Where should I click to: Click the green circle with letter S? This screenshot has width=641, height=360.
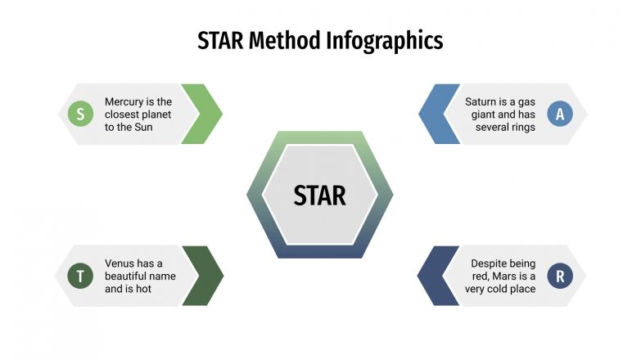80,115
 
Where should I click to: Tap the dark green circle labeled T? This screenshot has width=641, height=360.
80,277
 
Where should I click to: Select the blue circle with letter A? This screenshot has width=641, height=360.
560,115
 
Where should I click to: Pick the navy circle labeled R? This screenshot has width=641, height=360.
560,277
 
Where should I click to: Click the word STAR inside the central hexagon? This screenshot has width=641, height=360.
320,196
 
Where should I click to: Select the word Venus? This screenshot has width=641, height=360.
121,263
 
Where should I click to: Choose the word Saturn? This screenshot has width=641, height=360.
482,101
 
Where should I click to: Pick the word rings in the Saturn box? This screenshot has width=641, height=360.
521,127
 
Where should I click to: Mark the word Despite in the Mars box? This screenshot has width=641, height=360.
491,263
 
